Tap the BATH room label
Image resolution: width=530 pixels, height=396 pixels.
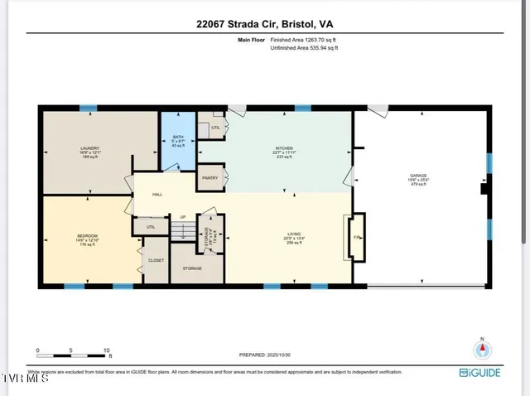[x=178, y=138]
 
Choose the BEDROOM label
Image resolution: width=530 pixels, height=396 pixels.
[x=87, y=236]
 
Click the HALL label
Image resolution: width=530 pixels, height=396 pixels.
[x=157, y=195]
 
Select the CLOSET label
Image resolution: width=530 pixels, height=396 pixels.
[x=156, y=260]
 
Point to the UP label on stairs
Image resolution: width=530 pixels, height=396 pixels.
[x=182, y=217]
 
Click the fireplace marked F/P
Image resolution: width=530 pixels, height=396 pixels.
[x=357, y=237]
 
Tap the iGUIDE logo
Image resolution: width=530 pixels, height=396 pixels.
[x=480, y=372]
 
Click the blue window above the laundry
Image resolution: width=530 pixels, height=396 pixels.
[x=88, y=108]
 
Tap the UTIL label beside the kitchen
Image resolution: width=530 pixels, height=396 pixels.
[x=216, y=128]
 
